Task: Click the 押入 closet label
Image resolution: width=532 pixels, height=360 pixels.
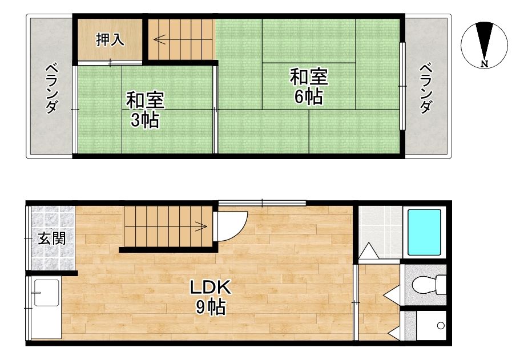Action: [x=110, y=39]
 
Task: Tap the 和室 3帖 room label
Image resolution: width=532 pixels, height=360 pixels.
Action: [x=145, y=110]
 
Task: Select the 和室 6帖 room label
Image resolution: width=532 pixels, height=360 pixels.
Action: [x=309, y=87]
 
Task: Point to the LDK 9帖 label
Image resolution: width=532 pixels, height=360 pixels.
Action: [x=211, y=297]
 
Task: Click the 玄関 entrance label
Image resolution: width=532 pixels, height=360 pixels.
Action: [x=51, y=238]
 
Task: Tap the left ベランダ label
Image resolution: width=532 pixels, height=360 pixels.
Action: [x=51, y=88]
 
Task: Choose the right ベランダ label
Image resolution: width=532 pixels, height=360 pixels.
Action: [x=426, y=88]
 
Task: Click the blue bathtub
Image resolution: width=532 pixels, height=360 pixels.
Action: [x=424, y=232]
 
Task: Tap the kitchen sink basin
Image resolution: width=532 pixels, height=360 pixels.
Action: [x=46, y=293]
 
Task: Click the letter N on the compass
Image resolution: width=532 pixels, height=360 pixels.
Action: [x=485, y=63]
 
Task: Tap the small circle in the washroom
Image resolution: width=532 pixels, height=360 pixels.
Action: [x=441, y=326]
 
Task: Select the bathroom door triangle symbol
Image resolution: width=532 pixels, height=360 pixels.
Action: [x=369, y=251]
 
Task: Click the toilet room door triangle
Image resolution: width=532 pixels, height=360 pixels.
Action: [x=392, y=293]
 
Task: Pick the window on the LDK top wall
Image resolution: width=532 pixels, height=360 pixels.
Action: [x=262, y=203]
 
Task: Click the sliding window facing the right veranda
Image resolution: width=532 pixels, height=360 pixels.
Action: [x=402, y=86]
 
